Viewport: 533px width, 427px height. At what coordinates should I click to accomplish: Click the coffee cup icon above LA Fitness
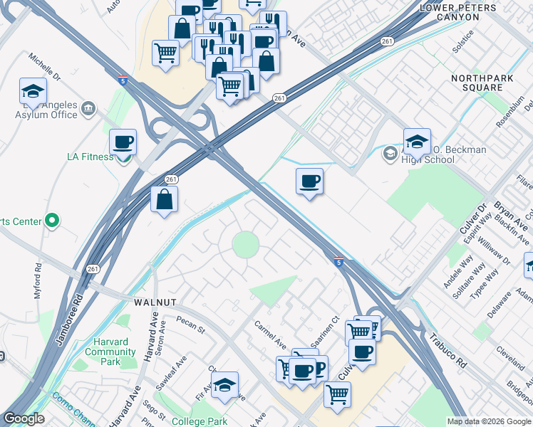(123, 142)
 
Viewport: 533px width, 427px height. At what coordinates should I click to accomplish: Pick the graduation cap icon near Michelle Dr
(33, 91)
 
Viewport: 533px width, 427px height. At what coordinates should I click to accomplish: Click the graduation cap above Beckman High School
(417, 141)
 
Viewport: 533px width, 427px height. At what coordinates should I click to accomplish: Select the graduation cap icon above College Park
(224, 385)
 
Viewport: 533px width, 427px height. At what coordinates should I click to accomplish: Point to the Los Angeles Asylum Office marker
(89, 108)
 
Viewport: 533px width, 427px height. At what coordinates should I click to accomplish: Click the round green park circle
(246, 245)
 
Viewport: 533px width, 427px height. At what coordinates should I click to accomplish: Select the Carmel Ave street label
(270, 334)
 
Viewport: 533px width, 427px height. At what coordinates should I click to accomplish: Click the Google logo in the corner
(24, 418)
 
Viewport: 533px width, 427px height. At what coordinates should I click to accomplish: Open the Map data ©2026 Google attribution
(488, 421)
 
